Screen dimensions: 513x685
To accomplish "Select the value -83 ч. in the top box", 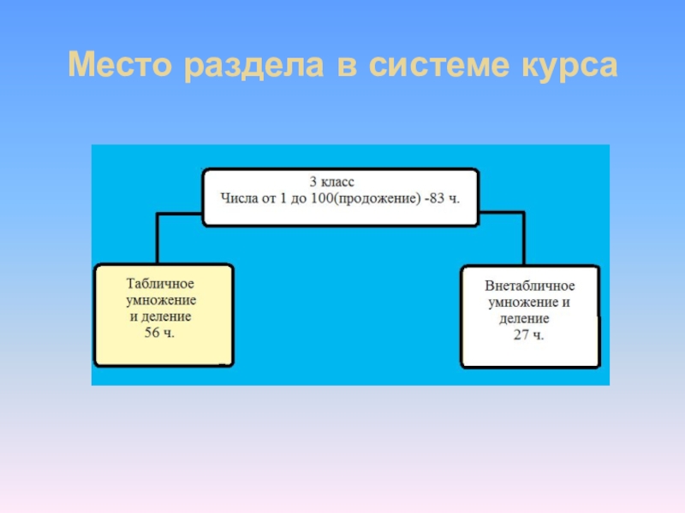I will [x=440, y=198].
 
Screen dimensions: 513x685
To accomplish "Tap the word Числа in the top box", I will [x=240, y=198].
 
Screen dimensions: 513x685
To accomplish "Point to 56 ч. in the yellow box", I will [x=159, y=333].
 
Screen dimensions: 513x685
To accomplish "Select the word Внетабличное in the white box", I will [x=530, y=286].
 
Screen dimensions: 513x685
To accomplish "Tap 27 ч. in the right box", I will [x=528, y=334].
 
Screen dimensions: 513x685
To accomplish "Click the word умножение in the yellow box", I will [x=162, y=300].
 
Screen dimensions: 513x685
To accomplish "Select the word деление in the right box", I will [x=525, y=318].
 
